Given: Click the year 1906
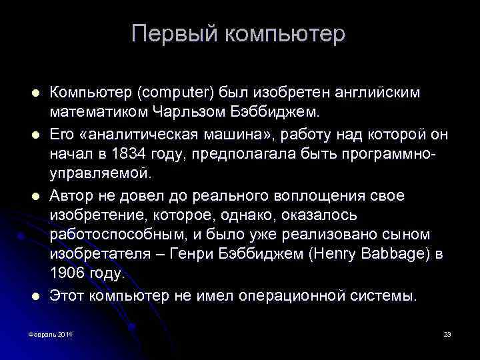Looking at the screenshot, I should click(x=67, y=274).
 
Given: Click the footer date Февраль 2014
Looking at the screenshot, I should click(x=51, y=333).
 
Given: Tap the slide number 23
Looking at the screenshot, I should click(x=447, y=333).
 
